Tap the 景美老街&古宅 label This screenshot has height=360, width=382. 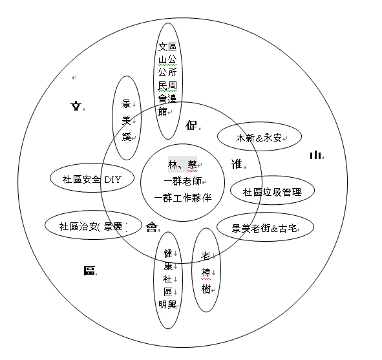(x=264, y=228)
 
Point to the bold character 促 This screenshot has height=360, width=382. (x=191, y=125)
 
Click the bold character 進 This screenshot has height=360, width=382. (x=237, y=164)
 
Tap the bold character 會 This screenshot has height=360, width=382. (x=151, y=228)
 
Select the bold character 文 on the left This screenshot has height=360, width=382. (x=76, y=106)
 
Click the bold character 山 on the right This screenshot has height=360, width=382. (x=315, y=154)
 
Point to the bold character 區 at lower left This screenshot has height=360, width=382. (x=89, y=271)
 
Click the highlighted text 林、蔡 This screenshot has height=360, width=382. (x=182, y=165)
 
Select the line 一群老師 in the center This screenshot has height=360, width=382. (x=183, y=181)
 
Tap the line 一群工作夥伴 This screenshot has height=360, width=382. (x=183, y=198)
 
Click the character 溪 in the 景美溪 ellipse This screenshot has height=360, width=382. (x=127, y=137)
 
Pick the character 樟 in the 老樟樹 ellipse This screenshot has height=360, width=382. (x=206, y=272)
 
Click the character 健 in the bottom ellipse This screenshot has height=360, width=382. (x=168, y=253)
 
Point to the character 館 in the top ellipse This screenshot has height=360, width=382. (x=162, y=112)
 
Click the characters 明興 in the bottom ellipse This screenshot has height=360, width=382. (x=167, y=304)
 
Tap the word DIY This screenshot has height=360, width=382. (x=112, y=180)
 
